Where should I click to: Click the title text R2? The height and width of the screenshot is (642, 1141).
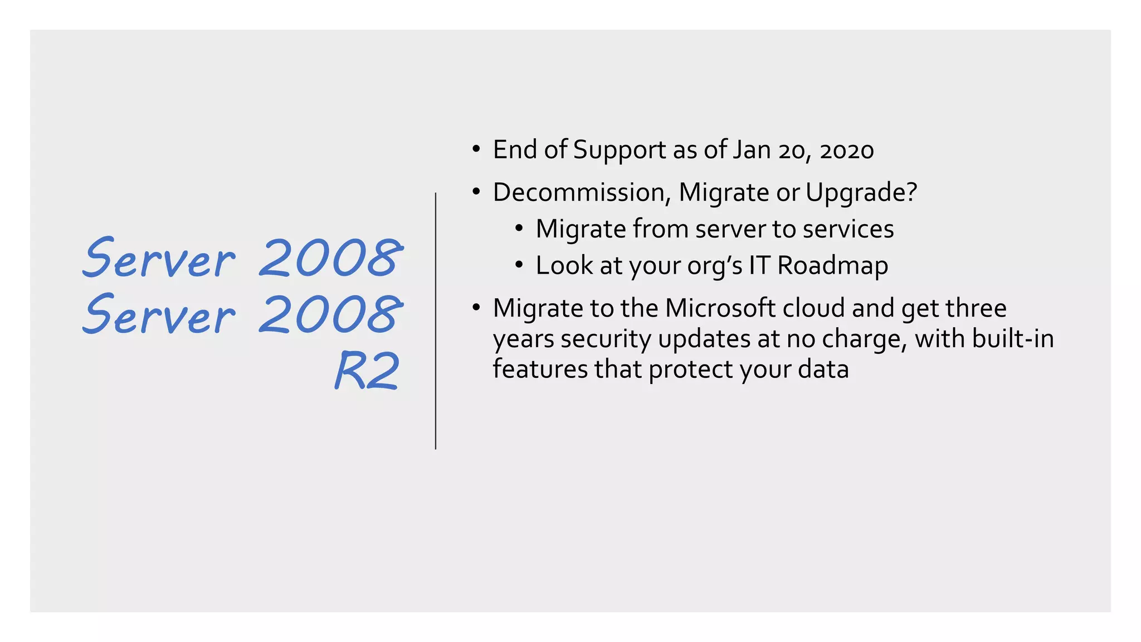click(x=368, y=371)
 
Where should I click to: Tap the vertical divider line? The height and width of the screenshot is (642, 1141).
click(x=436, y=320)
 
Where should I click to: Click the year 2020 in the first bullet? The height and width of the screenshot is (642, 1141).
click(x=847, y=150)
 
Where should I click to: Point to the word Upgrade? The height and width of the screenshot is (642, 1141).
click(x=861, y=193)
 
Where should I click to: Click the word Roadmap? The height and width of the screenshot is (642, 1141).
click(x=832, y=266)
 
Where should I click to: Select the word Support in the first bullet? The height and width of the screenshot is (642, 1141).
click(x=620, y=150)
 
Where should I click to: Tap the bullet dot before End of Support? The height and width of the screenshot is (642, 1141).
click(x=475, y=149)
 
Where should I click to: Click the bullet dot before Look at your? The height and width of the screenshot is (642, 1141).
click(x=519, y=264)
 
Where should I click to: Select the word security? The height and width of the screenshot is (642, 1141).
click(x=606, y=340)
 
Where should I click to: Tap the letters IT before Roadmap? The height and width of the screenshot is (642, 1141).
click(x=759, y=266)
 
